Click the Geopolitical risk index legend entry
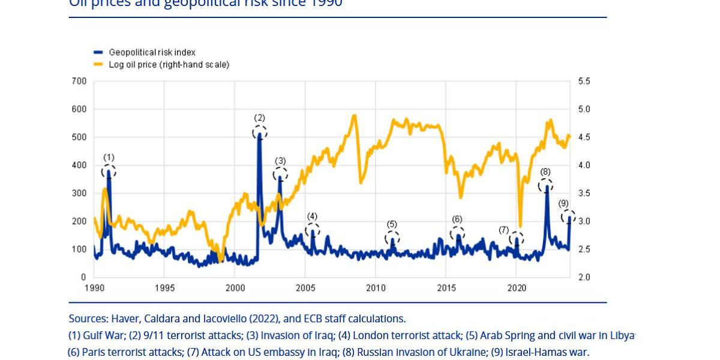[152, 53]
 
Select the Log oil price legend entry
[169, 64]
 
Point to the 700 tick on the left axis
[80, 81]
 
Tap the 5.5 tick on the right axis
[584, 81]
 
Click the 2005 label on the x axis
[305, 288]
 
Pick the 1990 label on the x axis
[94, 288]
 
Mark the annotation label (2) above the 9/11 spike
[259, 118]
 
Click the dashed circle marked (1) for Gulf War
[109, 172]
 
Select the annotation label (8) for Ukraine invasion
[545, 172]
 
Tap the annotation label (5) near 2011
[392, 224]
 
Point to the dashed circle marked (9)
[568, 217]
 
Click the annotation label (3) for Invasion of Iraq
[280, 161]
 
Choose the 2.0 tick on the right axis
[584, 277]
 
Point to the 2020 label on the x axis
[517, 288]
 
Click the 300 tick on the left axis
[80, 193]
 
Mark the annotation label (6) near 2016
[457, 219]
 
